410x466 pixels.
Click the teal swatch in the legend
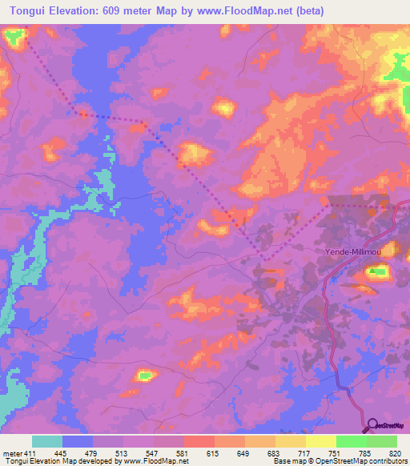click(x=47, y=441)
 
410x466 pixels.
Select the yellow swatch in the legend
click(x=320, y=441)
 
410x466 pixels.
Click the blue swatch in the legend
click(x=78, y=441)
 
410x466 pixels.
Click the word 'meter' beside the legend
click(x=10, y=452)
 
